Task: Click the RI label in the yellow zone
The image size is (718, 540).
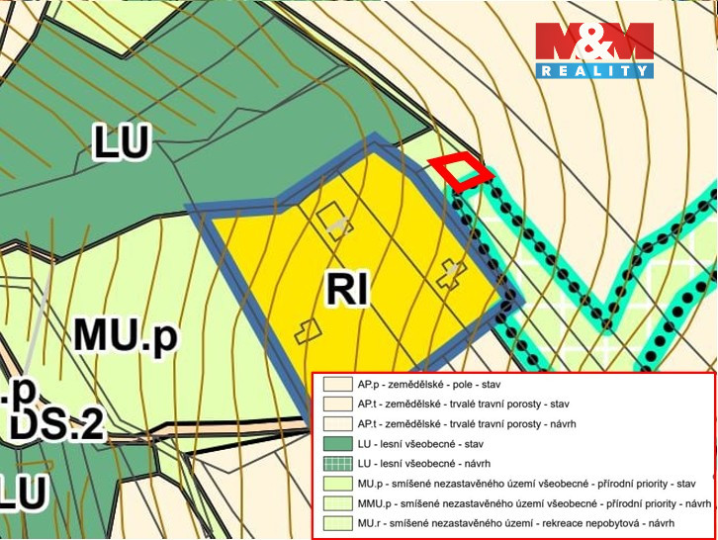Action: [347, 290]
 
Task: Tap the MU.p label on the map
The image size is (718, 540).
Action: [125, 336]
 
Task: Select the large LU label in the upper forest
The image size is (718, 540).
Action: [121, 142]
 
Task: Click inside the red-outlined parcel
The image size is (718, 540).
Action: [461, 172]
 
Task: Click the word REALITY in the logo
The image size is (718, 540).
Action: [594, 70]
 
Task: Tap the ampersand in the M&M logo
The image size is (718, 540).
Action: [594, 41]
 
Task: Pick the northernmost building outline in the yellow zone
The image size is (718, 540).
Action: [333, 220]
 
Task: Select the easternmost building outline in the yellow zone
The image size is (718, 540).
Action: [451, 272]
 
